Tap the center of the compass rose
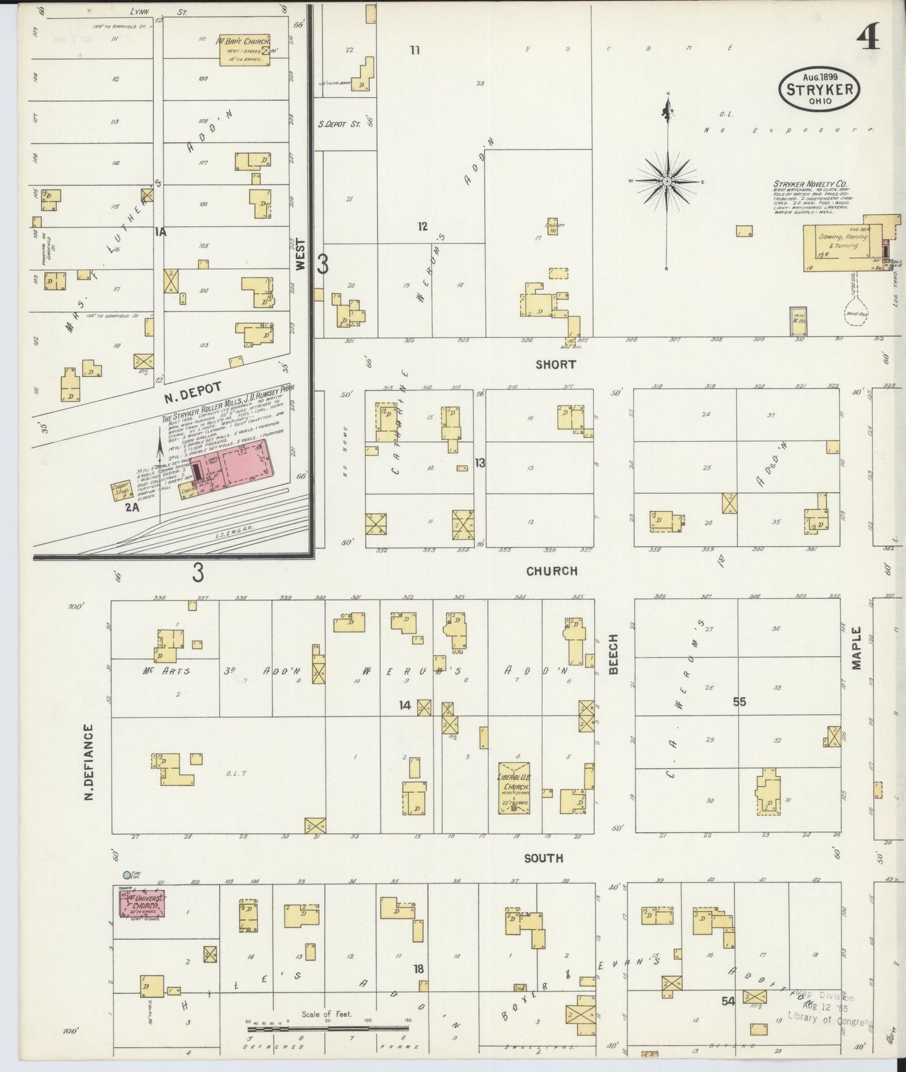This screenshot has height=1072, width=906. click(x=668, y=182)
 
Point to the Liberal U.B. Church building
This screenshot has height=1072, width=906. click(x=514, y=788)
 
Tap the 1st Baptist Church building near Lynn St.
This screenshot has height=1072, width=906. click(x=245, y=50)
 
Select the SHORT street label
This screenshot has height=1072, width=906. click(x=555, y=364)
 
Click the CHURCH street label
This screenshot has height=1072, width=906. click(x=552, y=571)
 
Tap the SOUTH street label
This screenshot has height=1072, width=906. click(x=544, y=858)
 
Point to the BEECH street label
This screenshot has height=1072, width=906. click(x=613, y=654)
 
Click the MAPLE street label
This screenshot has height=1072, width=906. click(x=858, y=648)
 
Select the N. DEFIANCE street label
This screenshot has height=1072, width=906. click(x=88, y=762)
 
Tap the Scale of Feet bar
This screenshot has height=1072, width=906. click(x=327, y=1028)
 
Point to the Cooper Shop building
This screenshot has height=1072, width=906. click(x=120, y=490)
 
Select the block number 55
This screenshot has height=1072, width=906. click(x=739, y=702)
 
